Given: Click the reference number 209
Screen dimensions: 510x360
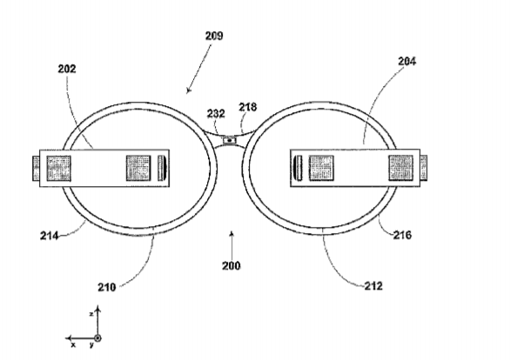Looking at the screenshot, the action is pyautogui.click(x=214, y=36).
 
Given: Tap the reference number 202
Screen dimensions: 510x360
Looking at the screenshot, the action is pyautogui.click(x=67, y=69).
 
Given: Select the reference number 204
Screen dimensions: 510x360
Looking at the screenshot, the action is pyautogui.click(x=407, y=61).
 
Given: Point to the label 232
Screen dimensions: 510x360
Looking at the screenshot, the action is pyautogui.click(x=216, y=113).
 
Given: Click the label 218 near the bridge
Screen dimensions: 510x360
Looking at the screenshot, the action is pyautogui.click(x=248, y=107).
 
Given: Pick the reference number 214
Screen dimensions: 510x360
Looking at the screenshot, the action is pyautogui.click(x=50, y=236).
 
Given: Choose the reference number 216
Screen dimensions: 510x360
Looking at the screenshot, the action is pyautogui.click(x=403, y=235).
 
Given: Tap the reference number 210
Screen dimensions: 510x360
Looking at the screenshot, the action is pyautogui.click(x=107, y=287).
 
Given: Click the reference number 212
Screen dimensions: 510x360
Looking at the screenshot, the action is pyautogui.click(x=373, y=286).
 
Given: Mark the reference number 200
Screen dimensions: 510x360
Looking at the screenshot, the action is pyautogui.click(x=232, y=266).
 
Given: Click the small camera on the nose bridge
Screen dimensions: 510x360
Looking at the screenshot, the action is pyautogui.click(x=230, y=140).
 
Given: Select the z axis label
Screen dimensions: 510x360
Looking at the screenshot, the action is pyautogui.click(x=91, y=314).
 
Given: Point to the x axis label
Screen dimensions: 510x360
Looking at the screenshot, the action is pyautogui.click(x=73, y=345).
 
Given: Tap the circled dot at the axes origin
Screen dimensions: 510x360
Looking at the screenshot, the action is pyautogui.click(x=97, y=338).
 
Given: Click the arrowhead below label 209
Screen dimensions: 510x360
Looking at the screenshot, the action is pyautogui.click(x=188, y=90).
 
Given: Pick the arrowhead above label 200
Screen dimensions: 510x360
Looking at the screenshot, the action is pyautogui.click(x=232, y=233).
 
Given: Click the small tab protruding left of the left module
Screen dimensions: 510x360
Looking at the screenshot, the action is pyautogui.click(x=36, y=169).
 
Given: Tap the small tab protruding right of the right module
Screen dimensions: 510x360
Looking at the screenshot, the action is pyautogui.click(x=424, y=168).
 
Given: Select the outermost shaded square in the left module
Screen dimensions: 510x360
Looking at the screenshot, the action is pyautogui.click(x=59, y=169).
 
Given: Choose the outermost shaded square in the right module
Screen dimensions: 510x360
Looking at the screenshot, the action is pyautogui.click(x=401, y=168).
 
